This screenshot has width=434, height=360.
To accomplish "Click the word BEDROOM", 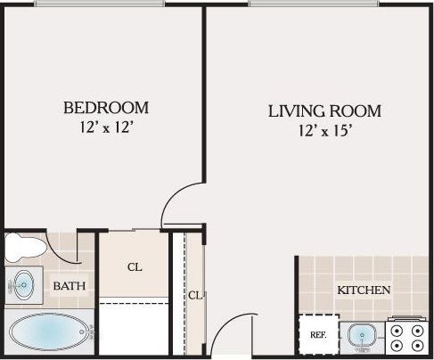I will coord(106,108).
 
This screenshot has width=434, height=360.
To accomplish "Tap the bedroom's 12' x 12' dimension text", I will coord(106,127).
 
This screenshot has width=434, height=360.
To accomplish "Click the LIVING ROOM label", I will coord(324,111).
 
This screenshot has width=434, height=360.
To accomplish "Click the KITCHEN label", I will coord(364,290).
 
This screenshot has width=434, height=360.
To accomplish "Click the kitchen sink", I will coord(362,336).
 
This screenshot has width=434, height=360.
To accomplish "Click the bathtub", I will coord(50,334).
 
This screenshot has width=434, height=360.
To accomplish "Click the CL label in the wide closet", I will coord(135,266).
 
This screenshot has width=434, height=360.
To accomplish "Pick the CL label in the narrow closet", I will coord(194,295).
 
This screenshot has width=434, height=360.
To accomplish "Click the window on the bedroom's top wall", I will coord(99,4).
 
